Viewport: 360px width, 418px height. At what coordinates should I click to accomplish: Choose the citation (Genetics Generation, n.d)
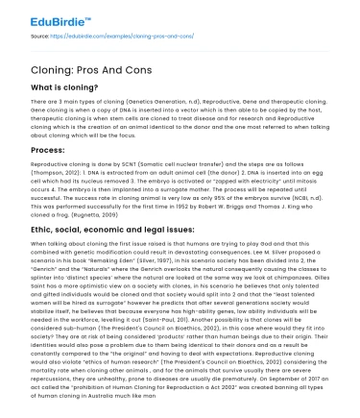[x=131, y=108]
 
